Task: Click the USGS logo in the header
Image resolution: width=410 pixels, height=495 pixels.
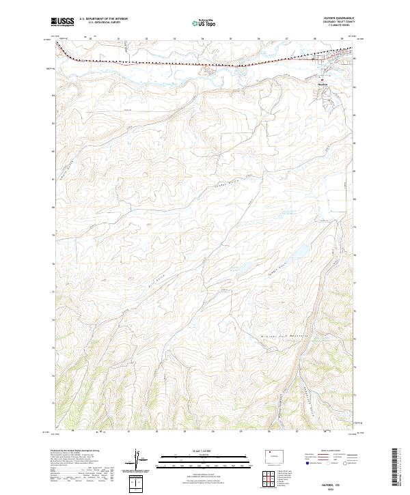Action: pos(63,22)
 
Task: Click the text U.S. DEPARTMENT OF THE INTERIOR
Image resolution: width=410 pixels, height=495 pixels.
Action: pos(104,19)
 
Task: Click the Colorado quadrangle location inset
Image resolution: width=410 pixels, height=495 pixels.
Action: pos(274,453)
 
